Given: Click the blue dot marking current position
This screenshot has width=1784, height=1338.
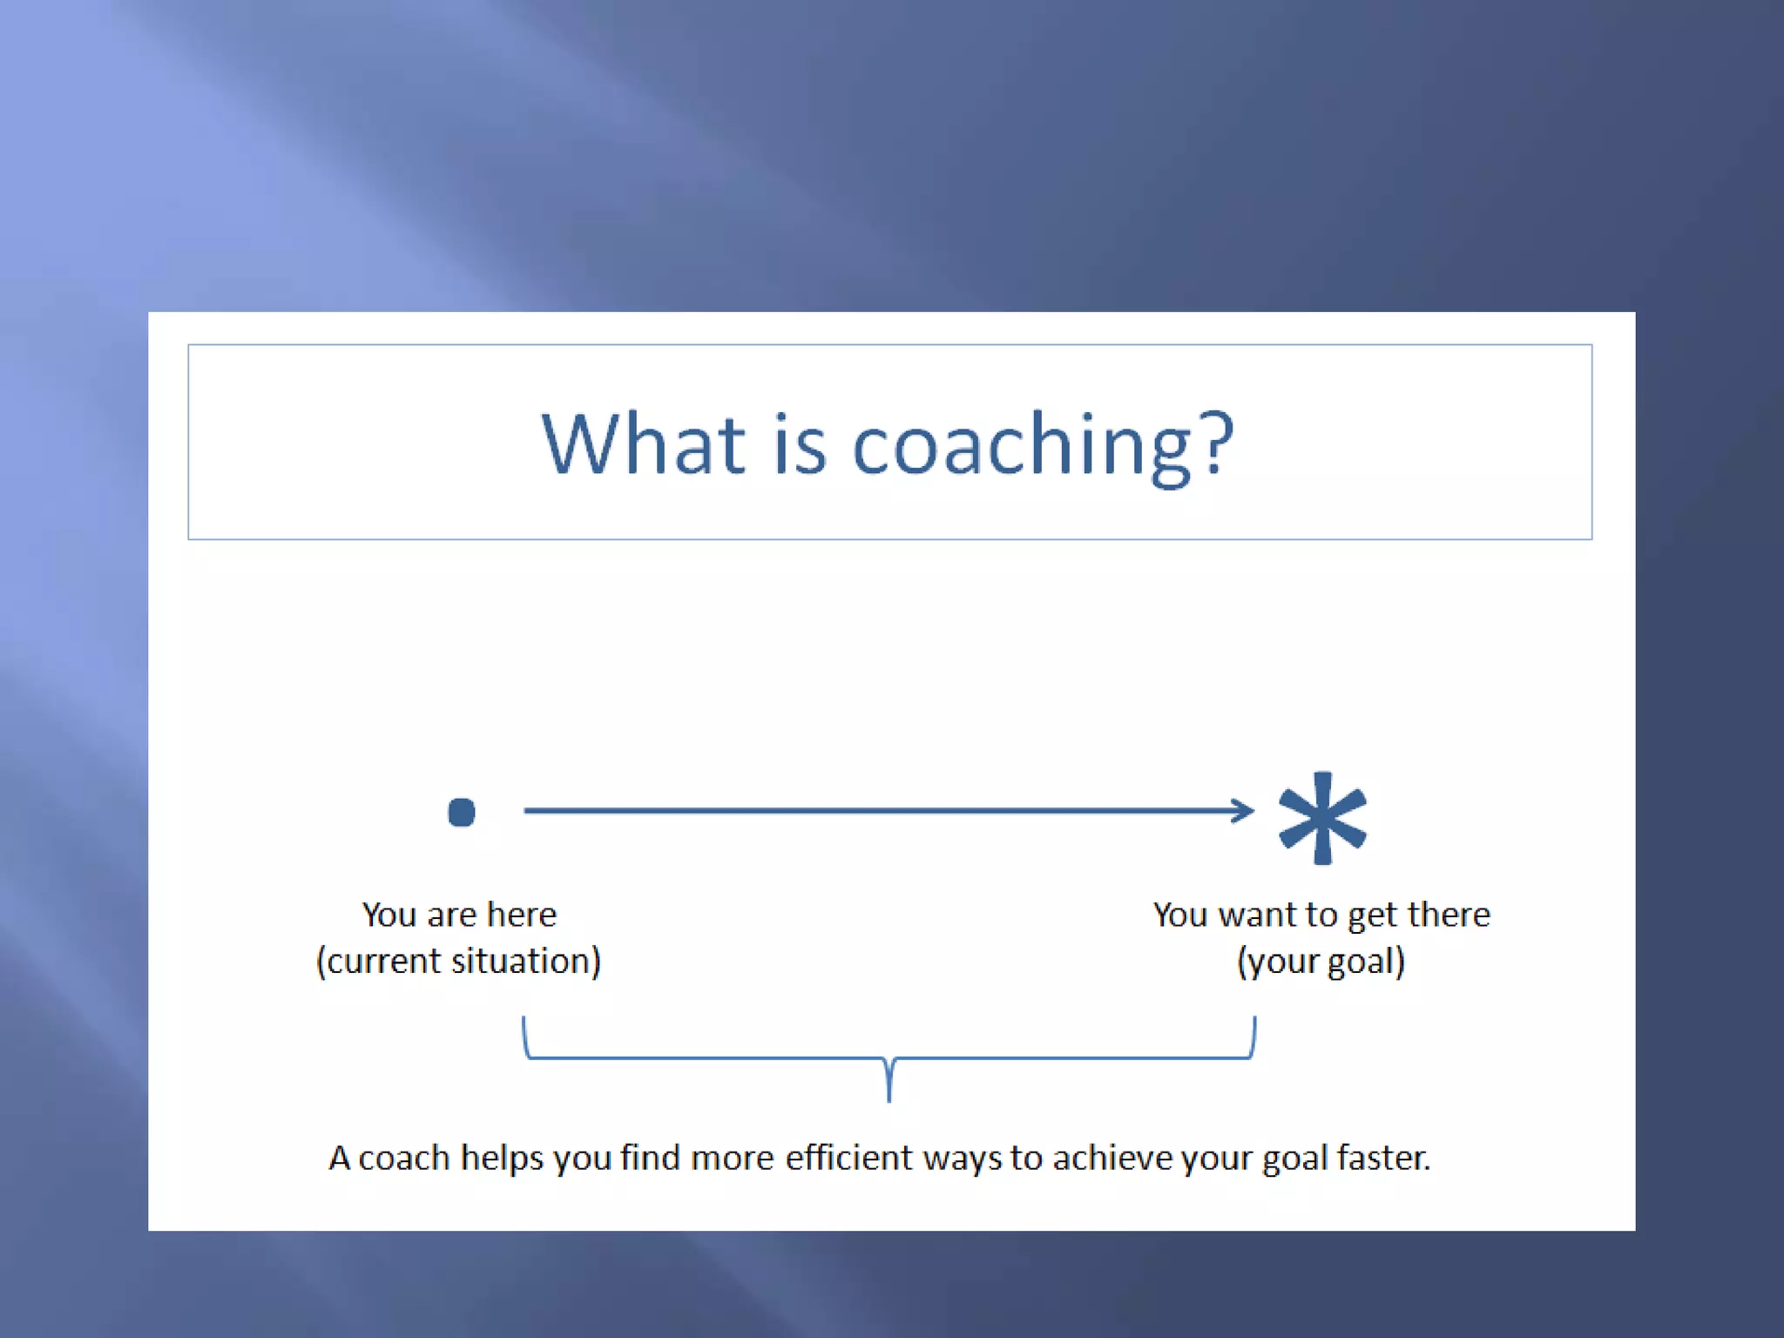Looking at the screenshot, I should [x=462, y=812].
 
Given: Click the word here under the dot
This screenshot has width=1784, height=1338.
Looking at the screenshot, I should [x=521, y=915].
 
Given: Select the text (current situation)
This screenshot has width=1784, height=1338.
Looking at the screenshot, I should [x=458, y=961].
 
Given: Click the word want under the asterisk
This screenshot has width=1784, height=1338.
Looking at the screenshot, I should [x=1257, y=915].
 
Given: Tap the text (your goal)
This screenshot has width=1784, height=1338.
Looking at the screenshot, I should [x=1321, y=961].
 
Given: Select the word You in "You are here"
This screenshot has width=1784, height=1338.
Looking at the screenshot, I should [x=389, y=915].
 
